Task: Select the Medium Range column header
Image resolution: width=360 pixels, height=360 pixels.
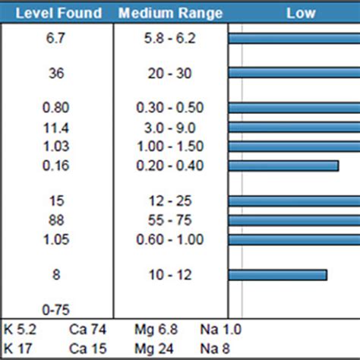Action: click(170, 14)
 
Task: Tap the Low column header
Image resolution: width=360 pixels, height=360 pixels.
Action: click(301, 14)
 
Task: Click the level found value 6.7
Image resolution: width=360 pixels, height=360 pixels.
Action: click(56, 39)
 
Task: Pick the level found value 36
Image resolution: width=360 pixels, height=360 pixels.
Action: click(56, 72)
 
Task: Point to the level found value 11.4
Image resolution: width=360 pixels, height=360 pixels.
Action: click(56, 127)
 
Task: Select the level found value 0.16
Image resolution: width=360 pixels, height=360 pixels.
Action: click(56, 165)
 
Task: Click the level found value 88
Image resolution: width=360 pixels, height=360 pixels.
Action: click(56, 219)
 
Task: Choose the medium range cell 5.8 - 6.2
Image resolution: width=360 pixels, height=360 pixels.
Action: click(170, 39)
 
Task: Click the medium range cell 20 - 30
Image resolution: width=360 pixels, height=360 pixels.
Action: click(170, 72)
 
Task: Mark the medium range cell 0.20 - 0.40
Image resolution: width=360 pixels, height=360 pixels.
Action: click(170, 165)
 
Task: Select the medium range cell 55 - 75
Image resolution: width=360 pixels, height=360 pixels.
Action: click(170, 219)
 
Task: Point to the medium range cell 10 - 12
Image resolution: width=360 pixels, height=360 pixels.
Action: click(170, 274)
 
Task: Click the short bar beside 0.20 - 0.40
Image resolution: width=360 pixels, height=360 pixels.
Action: click(283, 165)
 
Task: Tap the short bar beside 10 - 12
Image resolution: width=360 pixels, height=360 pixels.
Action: click(277, 274)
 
